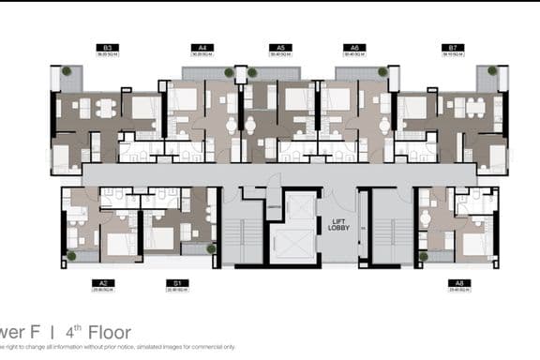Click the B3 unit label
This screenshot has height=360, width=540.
pos(108,47)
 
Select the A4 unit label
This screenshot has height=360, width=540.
pos(202,47)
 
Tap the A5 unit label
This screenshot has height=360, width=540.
pos(277,47)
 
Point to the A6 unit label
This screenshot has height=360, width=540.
pos(353,47)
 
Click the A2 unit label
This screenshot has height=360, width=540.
pos(102,281)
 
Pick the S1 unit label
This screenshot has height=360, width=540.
pos(173,281)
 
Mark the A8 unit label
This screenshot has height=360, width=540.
pos(457,281)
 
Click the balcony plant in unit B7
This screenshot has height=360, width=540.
pos(492,71)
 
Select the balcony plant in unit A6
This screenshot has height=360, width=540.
pos(382,71)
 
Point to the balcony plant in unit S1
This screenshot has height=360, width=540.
pos(211,248)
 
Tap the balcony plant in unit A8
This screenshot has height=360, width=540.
pos(423,255)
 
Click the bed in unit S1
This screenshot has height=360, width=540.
pos(159,238)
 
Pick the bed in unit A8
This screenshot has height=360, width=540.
pos(475,240)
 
